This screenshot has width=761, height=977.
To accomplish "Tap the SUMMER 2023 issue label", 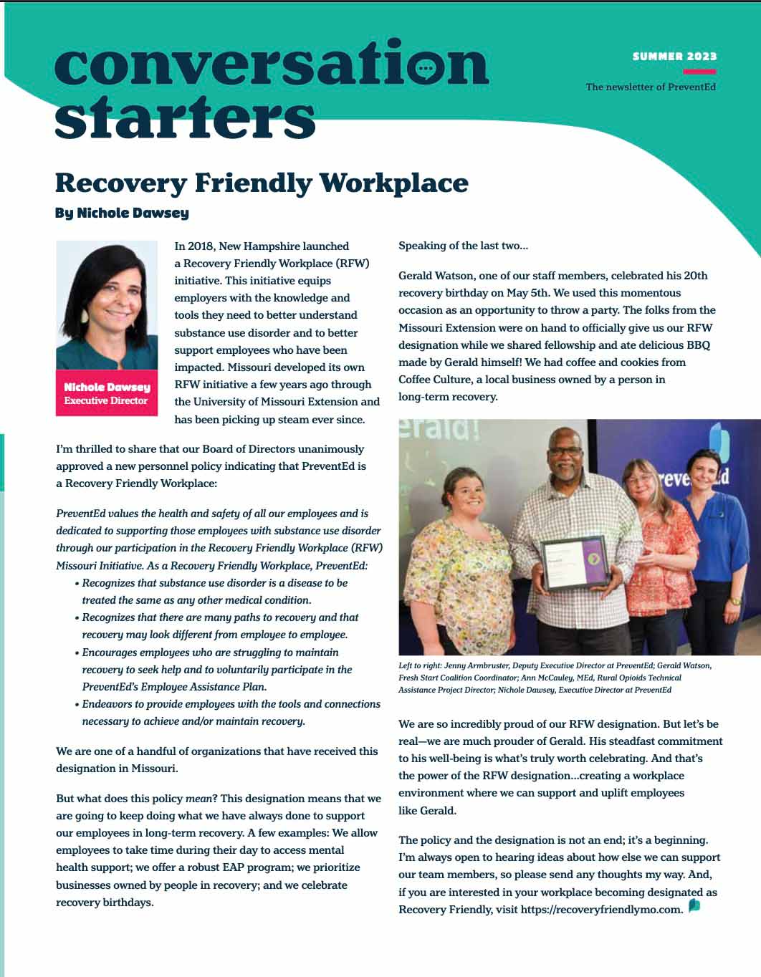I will pyautogui.click(x=674, y=56).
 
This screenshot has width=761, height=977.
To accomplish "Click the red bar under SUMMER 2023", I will pyautogui.click(x=699, y=72).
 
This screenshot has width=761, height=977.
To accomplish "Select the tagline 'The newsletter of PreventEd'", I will pyautogui.click(x=650, y=87).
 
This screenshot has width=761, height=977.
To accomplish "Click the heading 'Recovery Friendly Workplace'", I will pyautogui.click(x=262, y=183).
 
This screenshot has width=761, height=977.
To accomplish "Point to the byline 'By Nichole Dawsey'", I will pyautogui.click(x=122, y=213).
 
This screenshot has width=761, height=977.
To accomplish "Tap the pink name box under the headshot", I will pyautogui.click(x=106, y=393).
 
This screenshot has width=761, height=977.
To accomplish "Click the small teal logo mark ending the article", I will pyautogui.click(x=694, y=906).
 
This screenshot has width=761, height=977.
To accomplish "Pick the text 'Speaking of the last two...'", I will pyautogui.click(x=463, y=246).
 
